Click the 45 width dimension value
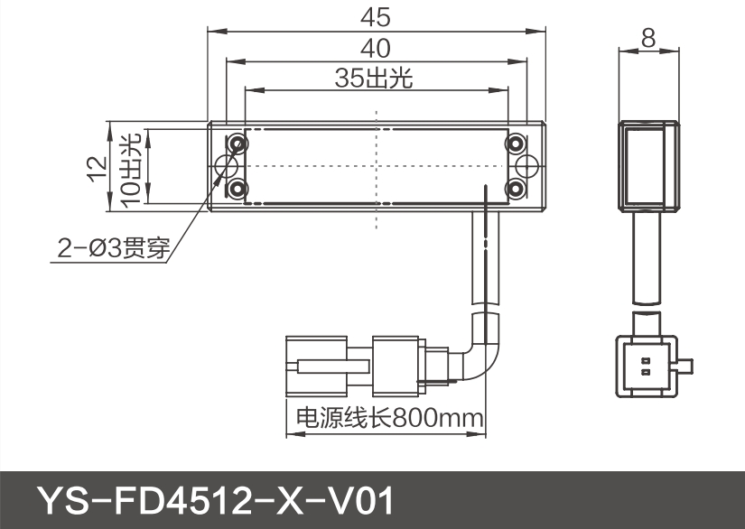coord(376,16)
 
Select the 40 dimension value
coord(376,48)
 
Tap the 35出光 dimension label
coord(373,79)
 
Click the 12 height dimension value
coord(97,168)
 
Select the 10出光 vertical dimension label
coord(130,168)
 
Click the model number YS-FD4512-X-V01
coord(215,499)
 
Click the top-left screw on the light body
coord(238,144)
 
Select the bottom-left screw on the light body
coord(238,189)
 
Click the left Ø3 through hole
coord(226,167)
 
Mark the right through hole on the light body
coord(527,167)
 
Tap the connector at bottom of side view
coord(645,366)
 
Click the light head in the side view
coord(647,165)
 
